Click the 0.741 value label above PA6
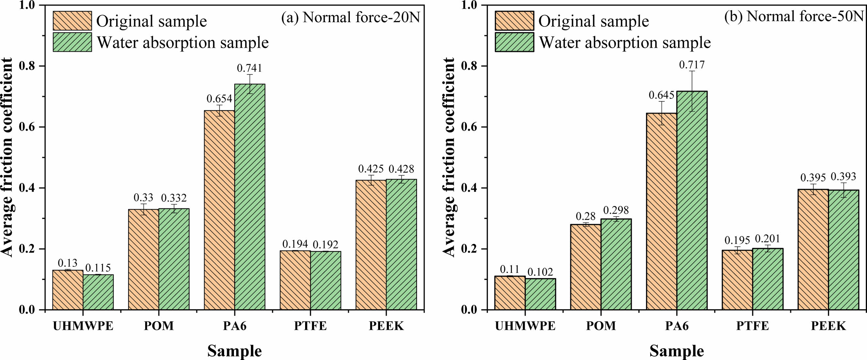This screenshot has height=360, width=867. click(249, 68)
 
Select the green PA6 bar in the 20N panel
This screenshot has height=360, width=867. click(250, 197)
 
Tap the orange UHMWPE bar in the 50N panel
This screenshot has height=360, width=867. click(510, 293)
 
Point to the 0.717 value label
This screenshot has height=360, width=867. click(692, 65)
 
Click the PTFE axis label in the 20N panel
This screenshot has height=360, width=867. click(310, 326)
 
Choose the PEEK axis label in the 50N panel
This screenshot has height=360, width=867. click(828, 326)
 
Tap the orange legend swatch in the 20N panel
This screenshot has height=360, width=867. click(72, 21)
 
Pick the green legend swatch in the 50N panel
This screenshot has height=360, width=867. click(514, 42)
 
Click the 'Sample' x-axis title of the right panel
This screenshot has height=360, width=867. click(676, 351)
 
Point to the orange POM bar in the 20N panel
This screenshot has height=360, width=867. click(143, 259)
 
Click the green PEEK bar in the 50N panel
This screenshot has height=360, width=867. click(844, 250)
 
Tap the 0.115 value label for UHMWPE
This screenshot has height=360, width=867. click(98, 268)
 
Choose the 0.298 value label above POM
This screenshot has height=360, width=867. click(616, 210)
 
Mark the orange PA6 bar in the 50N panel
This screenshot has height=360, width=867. click(661, 211)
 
